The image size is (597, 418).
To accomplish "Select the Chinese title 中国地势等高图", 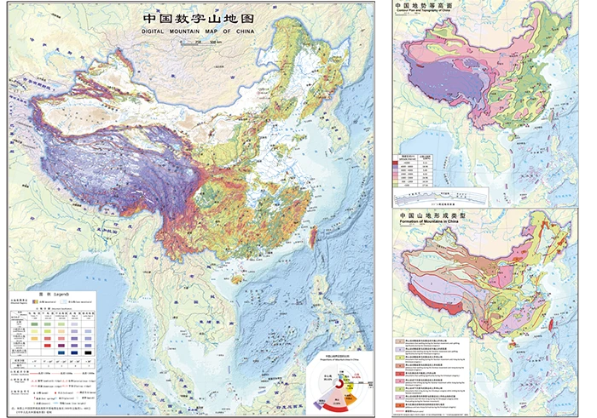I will [424, 6].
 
